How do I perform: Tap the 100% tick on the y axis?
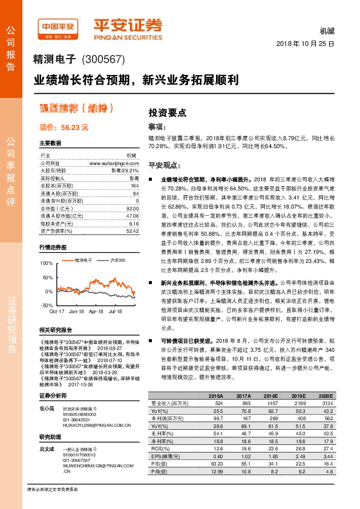[47, 263]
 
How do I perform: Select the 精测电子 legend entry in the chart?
[83, 260]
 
